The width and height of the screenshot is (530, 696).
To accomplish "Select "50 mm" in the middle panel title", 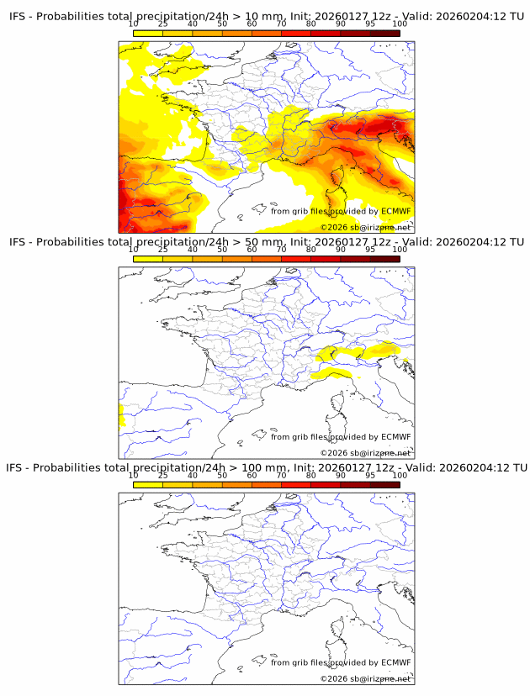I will pos(265,242).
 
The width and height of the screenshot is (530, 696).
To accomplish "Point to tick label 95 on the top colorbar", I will pos(370,24).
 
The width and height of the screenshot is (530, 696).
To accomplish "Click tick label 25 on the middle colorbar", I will pos(162,250).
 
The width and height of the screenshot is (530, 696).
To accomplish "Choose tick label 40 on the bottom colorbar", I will pos(193,476).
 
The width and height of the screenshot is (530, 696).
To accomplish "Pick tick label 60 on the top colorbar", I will pos(252,24).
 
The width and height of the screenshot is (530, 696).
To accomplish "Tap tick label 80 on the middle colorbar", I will pos(311,250).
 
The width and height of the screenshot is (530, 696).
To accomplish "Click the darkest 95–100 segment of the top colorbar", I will pos(385,33).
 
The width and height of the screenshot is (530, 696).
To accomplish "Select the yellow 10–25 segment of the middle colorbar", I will pos(148,258).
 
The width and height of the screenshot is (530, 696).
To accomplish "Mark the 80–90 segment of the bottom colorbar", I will pos(326,484).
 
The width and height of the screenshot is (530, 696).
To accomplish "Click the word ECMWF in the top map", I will pos(395,212).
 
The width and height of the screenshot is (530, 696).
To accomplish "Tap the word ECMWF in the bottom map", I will pos(395,662).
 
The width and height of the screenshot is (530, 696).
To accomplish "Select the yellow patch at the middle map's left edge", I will pos(121,414).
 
